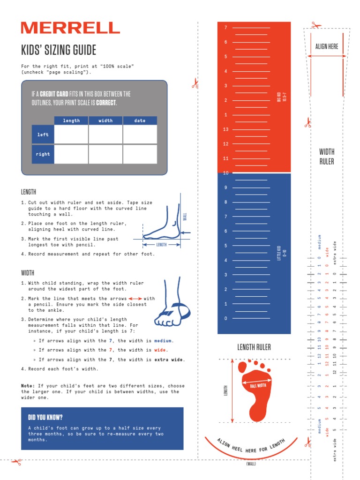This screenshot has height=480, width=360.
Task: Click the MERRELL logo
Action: coord(70,28)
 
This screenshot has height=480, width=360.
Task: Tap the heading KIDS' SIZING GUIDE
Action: coord(59,50)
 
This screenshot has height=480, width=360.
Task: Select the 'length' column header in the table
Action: coord(71,120)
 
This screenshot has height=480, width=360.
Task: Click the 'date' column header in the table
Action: coord(140,120)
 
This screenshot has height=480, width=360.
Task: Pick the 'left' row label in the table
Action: coord(43,135)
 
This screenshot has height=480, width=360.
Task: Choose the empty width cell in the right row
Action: coord(105,154)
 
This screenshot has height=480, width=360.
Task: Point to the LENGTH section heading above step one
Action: coord(29,192)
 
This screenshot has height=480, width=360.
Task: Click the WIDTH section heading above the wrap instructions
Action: coord(28,273)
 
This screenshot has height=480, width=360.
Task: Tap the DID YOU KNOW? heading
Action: coord(45,417)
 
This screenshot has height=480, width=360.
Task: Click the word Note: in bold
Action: coord(28,386)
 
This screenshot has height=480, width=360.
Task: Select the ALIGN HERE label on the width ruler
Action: coord(327,46)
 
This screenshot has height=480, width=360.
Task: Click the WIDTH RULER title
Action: coord(327,157)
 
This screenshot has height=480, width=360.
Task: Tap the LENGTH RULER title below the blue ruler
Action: coord(254,347)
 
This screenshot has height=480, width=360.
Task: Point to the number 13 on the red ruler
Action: coord(226,129)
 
